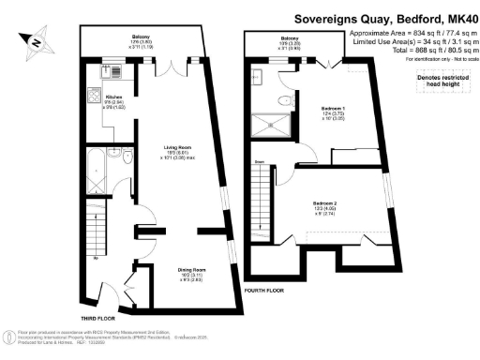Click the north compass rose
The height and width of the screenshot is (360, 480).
coord(35,41)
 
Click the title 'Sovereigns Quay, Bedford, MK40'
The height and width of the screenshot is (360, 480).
coord(386,17)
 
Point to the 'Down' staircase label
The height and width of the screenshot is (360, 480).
coord(259,160)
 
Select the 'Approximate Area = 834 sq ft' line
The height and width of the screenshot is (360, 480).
coord(411,33)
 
